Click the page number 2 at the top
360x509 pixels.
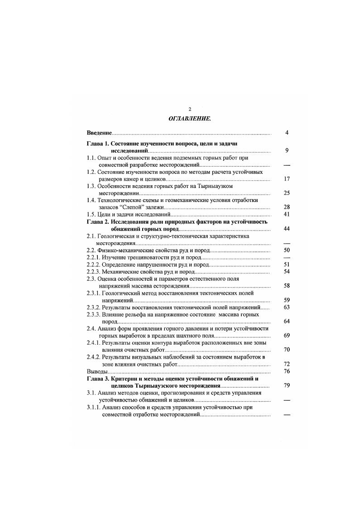click(x=190, y=109)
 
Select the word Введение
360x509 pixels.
click(x=99, y=133)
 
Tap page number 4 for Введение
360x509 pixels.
click(x=287, y=133)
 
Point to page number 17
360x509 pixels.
click(x=286, y=179)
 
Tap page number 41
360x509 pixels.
click(x=286, y=214)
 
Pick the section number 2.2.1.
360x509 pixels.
click(x=93, y=257)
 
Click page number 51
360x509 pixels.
click(x=286, y=264)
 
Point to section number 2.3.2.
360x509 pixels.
click(x=93, y=307)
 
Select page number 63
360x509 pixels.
click(x=286, y=307)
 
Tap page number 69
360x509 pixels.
click(x=286, y=335)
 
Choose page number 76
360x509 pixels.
click(x=286, y=371)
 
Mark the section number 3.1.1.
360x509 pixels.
click(x=93, y=407)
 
